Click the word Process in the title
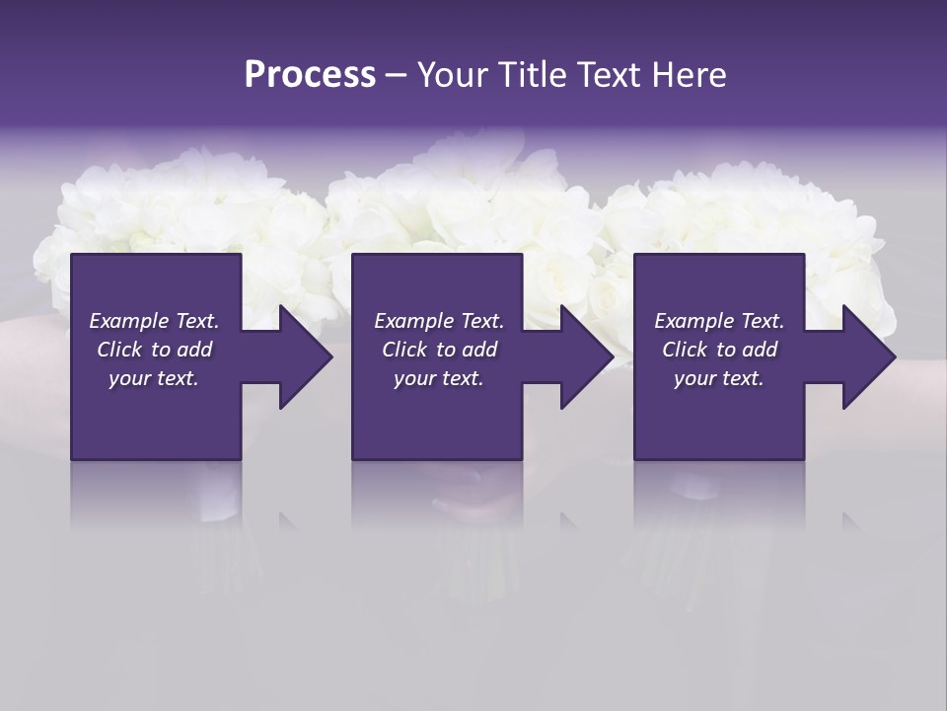coord(310,75)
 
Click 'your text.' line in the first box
coord(154,378)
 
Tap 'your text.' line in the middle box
coord(439,378)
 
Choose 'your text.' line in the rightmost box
coord(719,378)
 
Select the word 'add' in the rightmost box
coord(760,350)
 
